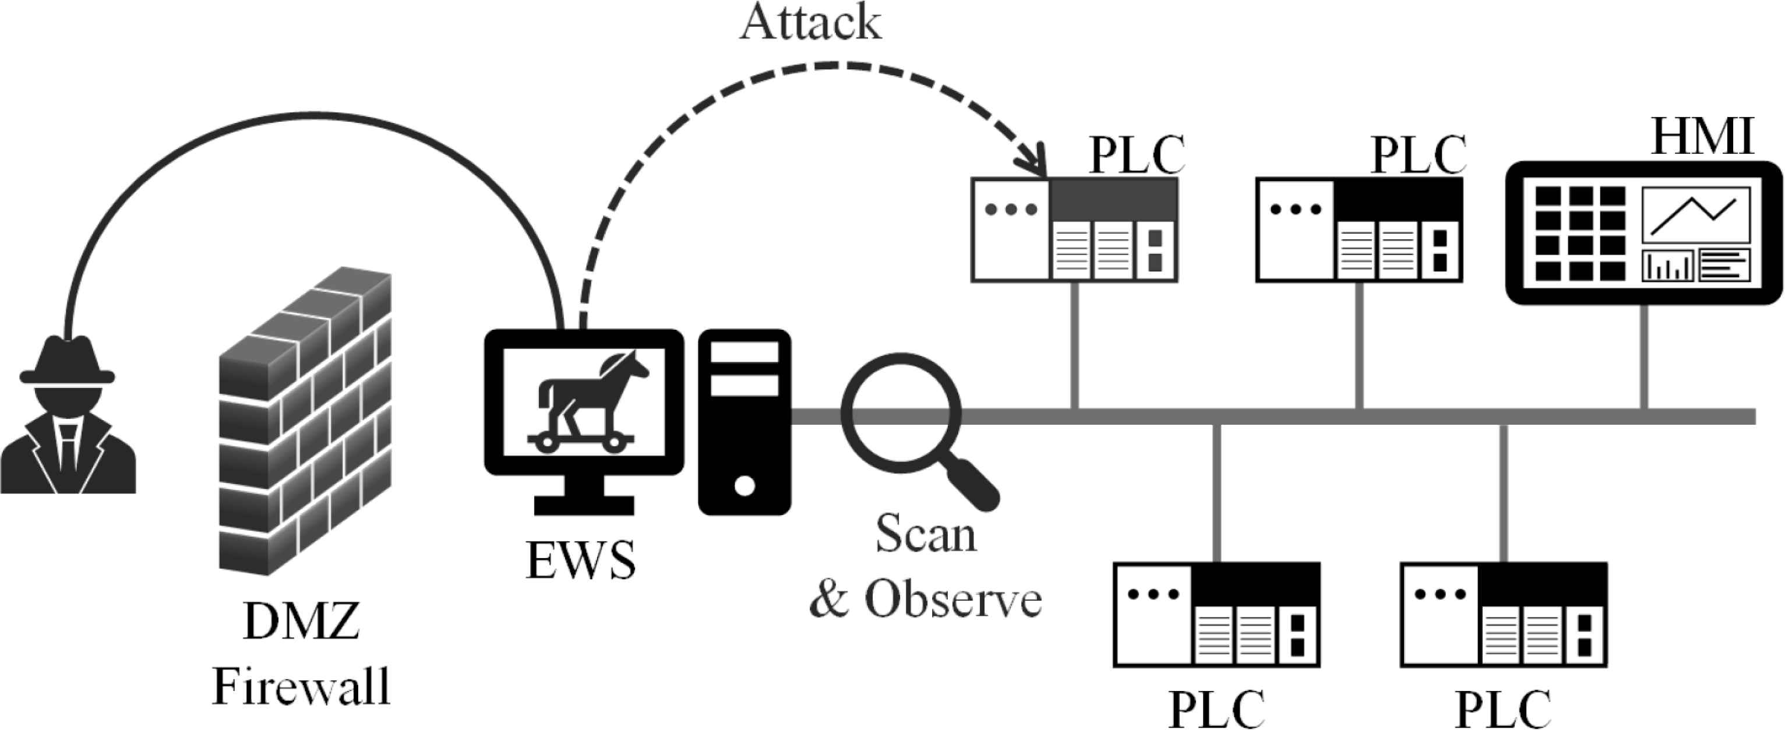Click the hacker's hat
(x=66, y=361)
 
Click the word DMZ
(x=301, y=621)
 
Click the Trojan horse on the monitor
(x=585, y=402)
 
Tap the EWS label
(x=581, y=560)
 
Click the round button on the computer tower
(x=744, y=485)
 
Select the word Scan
(x=926, y=534)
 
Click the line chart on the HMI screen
(x=1695, y=214)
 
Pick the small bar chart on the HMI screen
(x=1667, y=265)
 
